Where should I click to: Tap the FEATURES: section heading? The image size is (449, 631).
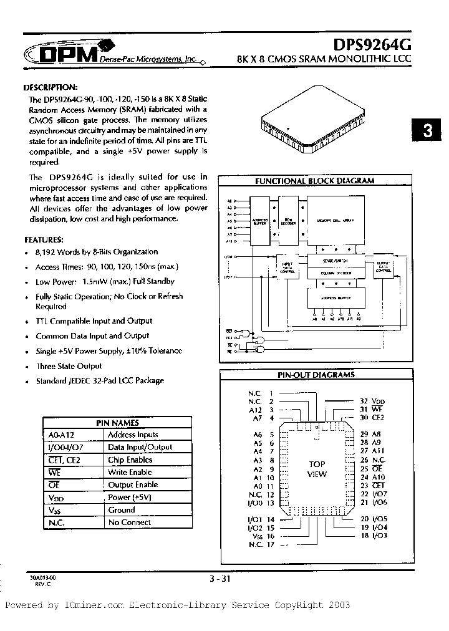(x=43, y=239)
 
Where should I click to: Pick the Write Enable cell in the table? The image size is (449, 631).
(x=130, y=472)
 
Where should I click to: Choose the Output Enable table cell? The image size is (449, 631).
(x=133, y=484)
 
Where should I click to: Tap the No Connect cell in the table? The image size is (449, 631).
(x=130, y=523)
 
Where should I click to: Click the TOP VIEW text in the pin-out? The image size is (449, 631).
(x=317, y=469)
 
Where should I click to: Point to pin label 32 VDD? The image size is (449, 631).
(x=373, y=401)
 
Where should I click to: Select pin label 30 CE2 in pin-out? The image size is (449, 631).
(x=372, y=417)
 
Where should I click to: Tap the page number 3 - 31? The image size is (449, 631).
(x=222, y=580)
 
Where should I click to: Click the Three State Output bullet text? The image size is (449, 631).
(x=69, y=366)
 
